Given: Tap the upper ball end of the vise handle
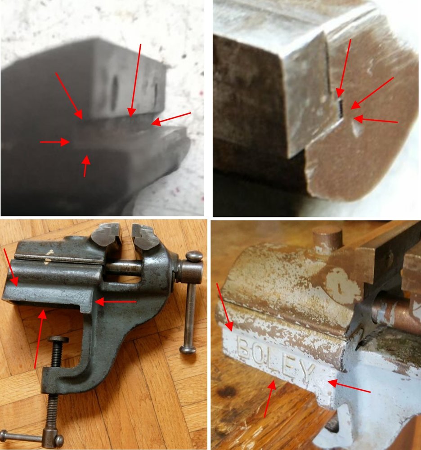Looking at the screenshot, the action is click(x=195, y=256).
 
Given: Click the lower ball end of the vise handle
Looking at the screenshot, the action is click(x=188, y=350).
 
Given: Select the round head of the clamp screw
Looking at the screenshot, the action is click(x=58, y=340).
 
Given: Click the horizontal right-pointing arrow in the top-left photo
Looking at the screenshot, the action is click(x=55, y=142).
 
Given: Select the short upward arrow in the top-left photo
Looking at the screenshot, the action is click(x=86, y=166).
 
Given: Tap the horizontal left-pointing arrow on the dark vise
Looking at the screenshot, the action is click(x=115, y=301).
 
